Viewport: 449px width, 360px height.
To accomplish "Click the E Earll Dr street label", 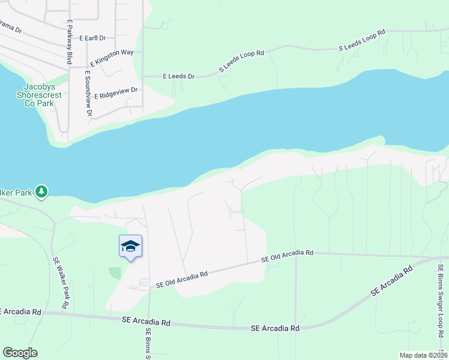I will click(x=91, y=38).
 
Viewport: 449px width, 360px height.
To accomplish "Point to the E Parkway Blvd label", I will click(x=70, y=42).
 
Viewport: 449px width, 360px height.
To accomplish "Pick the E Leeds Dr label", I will click(x=179, y=76).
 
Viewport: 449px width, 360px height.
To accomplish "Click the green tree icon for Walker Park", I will click(x=41, y=192).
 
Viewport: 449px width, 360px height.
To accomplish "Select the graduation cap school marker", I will click(x=131, y=247).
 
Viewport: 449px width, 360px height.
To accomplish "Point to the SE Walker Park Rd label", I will click(x=60, y=283).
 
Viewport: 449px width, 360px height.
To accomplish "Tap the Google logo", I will click(x=20, y=352).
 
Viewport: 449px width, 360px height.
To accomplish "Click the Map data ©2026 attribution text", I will click(x=423, y=355).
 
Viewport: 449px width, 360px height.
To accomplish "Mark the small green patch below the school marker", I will click(x=115, y=273).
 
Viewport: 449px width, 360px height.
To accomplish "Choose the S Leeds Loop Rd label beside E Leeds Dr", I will click(x=241, y=61).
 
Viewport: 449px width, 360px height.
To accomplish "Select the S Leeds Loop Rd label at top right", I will click(x=361, y=40).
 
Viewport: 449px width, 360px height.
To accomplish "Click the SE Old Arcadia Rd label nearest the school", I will click(x=181, y=278).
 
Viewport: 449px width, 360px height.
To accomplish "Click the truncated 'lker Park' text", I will click(x=16, y=192).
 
